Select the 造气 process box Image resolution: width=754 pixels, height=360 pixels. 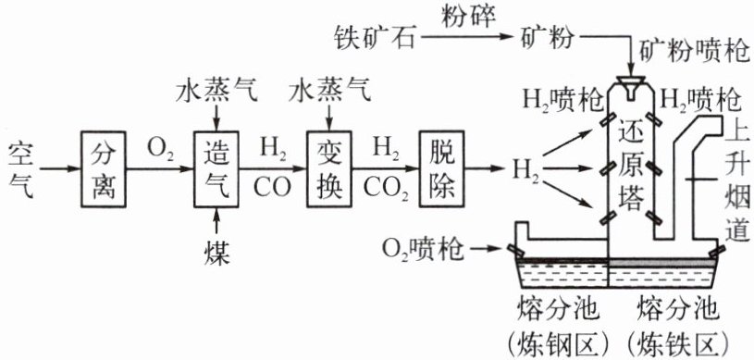[216, 169]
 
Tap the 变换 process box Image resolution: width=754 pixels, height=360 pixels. [329, 169]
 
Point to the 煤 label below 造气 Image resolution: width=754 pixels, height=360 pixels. [216, 254]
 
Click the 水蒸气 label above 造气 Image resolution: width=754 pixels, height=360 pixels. [216, 92]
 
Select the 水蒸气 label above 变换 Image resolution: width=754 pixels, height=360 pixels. [330, 92]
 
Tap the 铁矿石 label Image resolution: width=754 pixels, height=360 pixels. [374, 38]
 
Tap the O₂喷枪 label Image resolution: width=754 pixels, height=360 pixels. [423, 249]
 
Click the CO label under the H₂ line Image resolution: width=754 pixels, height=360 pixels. [272, 189]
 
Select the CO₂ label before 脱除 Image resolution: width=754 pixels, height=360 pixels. [386, 190]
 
